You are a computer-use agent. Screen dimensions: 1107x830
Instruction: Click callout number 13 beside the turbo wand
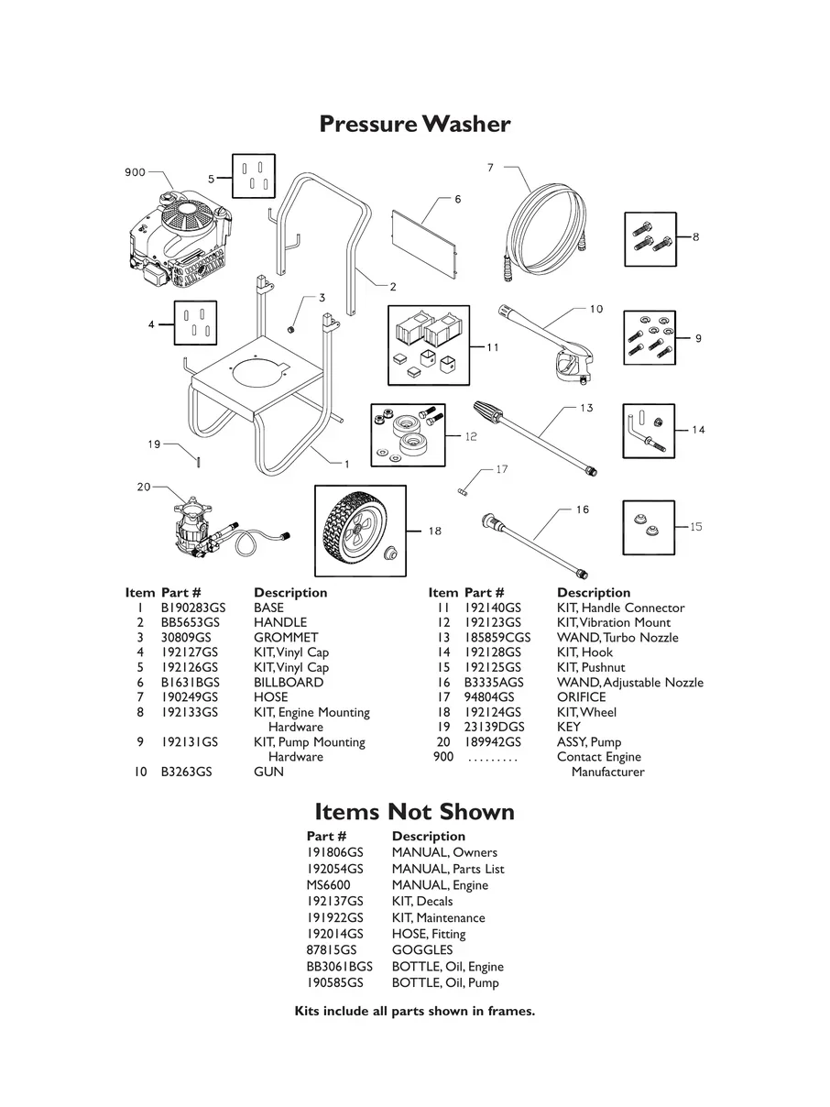[x=586, y=408]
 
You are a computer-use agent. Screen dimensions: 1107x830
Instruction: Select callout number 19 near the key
[x=154, y=444]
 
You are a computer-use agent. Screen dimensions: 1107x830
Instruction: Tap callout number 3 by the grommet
[x=322, y=298]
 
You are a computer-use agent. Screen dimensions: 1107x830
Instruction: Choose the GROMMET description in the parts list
[x=286, y=638]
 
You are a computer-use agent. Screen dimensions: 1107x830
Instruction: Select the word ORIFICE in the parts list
[x=581, y=697]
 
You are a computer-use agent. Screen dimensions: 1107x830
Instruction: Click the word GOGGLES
[x=422, y=950]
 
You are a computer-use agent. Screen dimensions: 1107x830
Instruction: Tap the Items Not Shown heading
[x=414, y=812]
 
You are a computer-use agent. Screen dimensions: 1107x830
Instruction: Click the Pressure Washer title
[x=414, y=124]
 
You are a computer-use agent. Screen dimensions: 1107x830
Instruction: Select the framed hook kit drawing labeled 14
[x=649, y=430]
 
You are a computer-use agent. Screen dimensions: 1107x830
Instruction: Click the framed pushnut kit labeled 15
[x=649, y=527]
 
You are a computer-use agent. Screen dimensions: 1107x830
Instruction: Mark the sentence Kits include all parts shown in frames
[x=414, y=1012]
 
